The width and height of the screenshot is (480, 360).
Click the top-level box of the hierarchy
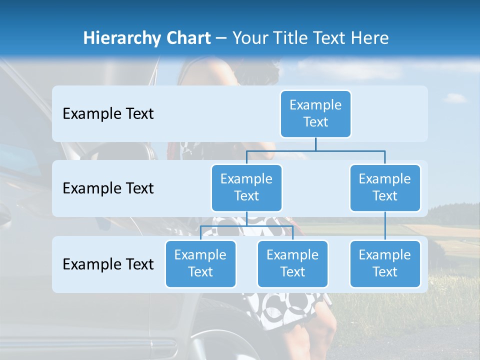point(315,114)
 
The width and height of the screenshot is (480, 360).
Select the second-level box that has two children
point(246,187)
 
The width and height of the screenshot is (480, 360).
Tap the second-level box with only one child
point(385,187)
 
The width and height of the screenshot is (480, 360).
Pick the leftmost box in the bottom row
point(200,263)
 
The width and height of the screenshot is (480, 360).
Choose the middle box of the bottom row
point(292,263)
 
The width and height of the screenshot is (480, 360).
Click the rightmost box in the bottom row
point(385,263)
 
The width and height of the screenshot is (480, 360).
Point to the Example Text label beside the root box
point(108,114)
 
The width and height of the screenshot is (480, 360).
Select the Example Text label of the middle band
point(108,188)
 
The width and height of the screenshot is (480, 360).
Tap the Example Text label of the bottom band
point(108,264)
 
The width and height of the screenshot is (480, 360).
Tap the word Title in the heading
point(290,38)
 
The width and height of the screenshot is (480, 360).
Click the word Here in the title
point(370,38)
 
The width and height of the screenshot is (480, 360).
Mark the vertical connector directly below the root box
point(315,144)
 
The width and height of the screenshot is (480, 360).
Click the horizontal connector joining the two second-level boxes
point(315,150)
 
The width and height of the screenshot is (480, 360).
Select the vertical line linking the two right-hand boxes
point(385,226)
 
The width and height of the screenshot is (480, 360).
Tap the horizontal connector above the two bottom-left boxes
point(246,226)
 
